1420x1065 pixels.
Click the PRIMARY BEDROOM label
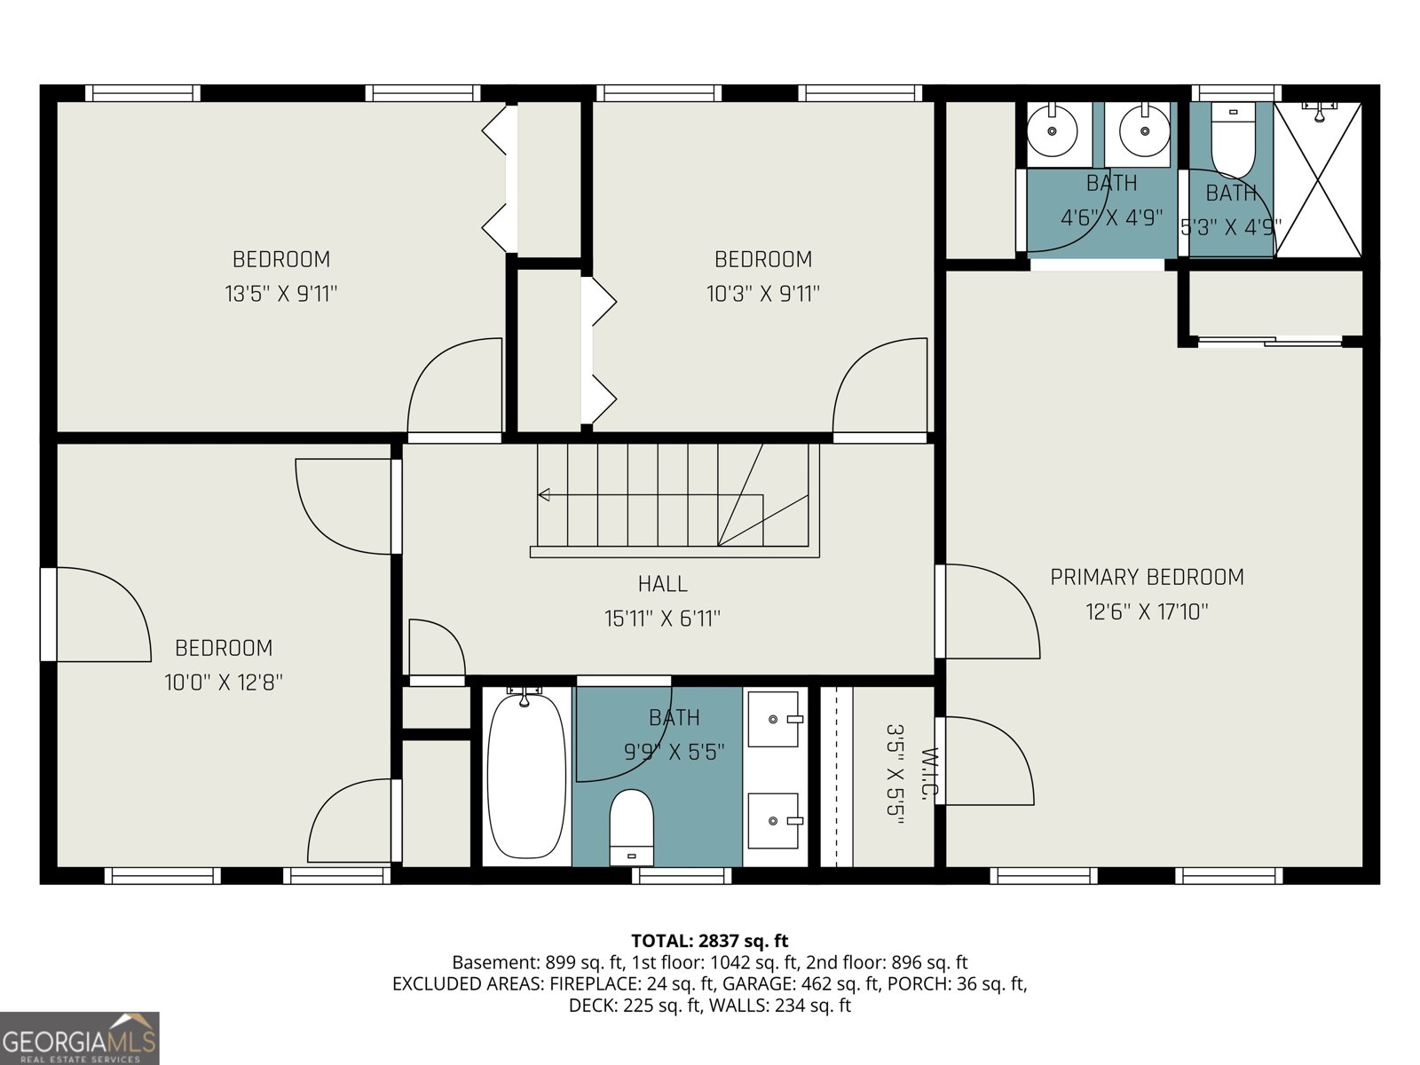click(1147, 577)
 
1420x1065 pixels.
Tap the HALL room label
click(662, 584)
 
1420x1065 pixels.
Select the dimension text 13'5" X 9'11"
click(280, 294)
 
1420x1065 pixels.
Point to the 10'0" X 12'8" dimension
click(224, 682)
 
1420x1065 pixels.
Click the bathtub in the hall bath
click(526, 777)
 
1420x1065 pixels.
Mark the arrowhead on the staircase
click(544, 495)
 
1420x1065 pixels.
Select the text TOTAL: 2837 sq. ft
click(709, 941)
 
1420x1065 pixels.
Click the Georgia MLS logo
click(79, 1038)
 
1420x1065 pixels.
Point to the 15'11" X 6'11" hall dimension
click(662, 619)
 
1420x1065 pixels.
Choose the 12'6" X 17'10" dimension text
click(1147, 611)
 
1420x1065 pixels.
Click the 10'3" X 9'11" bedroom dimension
click(762, 294)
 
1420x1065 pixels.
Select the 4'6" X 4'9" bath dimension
click(1111, 217)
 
